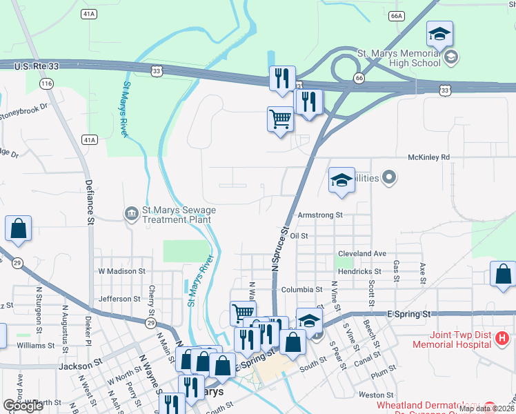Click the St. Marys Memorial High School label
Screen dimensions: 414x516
tap(398, 58)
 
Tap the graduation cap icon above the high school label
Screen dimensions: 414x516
tap(439, 34)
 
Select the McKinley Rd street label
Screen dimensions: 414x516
tap(428, 157)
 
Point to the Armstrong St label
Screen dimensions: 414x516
tap(319, 215)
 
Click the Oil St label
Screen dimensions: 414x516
tap(298, 236)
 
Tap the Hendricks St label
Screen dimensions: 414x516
tap(359, 273)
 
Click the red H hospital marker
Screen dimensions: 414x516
tap(504, 338)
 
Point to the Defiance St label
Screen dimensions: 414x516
tap(90, 202)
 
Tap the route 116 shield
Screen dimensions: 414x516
tap(46, 83)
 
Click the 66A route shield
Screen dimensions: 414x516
tap(395, 15)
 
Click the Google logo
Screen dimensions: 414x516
tap(23, 406)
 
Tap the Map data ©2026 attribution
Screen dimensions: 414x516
tap(486, 408)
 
